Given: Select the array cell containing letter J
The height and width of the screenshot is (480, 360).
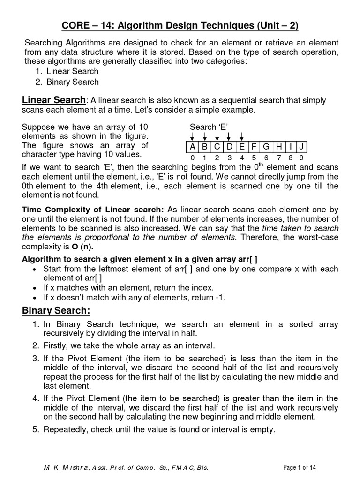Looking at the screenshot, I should [302, 147].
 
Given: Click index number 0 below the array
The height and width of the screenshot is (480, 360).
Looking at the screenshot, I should [192, 158].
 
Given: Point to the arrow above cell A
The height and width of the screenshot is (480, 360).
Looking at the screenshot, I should [192, 136].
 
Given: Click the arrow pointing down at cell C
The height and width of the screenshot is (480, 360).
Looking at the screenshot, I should [217, 136].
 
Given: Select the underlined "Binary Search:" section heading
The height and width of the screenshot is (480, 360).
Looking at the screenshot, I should [56, 311].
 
